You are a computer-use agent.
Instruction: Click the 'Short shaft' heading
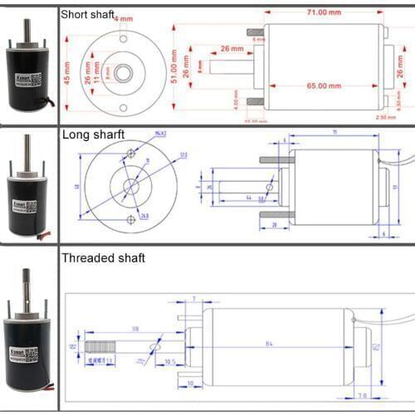coord(88,13)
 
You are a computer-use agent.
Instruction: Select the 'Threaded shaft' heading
coord(103,258)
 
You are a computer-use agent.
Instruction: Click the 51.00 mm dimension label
coord(173,65)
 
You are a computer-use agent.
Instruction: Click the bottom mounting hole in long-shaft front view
coord(131,219)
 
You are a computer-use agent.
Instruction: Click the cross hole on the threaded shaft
coord(150,346)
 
